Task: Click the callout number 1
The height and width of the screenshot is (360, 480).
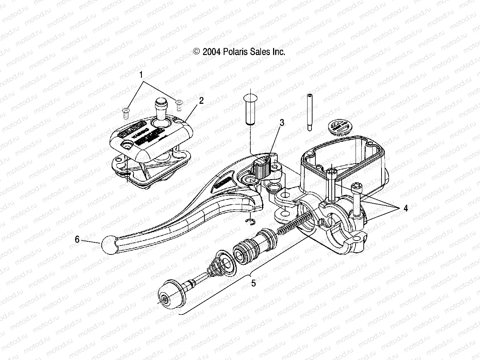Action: click(141, 75)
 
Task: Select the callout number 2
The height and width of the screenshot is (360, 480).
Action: click(201, 101)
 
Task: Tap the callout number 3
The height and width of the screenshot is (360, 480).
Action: click(282, 123)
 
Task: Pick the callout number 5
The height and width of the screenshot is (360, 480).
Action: click(253, 283)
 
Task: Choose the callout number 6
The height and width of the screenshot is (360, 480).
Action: click(77, 240)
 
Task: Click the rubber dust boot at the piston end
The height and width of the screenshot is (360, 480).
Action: click(170, 292)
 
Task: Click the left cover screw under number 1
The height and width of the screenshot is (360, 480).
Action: click(125, 113)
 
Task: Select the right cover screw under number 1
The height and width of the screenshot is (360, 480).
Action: click(179, 104)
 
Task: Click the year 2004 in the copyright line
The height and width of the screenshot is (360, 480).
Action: click(212, 52)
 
